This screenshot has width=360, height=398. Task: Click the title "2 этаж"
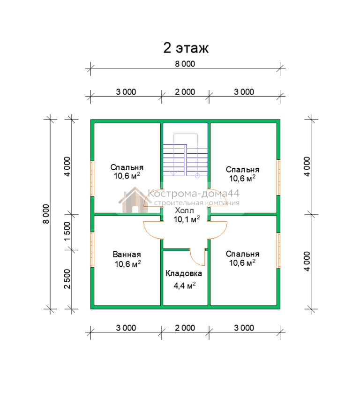click(186, 48)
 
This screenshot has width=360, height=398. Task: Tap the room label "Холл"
click(184, 210)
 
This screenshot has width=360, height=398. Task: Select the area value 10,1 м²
click(187, 219)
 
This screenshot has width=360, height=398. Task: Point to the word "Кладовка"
click(184, 273)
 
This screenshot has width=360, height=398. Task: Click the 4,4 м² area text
click(185, 285)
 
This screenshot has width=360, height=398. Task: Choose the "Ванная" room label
click(127, 255)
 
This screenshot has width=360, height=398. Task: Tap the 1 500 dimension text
click(67, 232)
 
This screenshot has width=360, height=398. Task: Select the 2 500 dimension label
click(67, 279)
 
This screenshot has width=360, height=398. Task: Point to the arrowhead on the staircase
click(173, 173)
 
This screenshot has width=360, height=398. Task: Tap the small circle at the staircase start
click(197, 176)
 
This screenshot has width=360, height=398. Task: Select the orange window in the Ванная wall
click(92, 249)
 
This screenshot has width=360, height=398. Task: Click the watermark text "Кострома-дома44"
click(194, 194)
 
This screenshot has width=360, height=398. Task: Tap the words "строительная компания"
click(197, 203)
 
